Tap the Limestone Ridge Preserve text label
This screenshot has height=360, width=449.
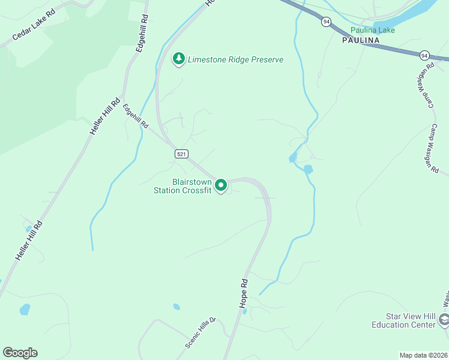(235, 59)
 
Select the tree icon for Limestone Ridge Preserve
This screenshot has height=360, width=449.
(178, 59)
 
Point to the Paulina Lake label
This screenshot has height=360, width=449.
(373, 30)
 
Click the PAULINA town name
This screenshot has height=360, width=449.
(361, 40)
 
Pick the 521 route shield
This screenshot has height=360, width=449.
(181, 154)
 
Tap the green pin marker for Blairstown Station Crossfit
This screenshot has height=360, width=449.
(221, 185)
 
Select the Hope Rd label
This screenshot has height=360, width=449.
(244, 293)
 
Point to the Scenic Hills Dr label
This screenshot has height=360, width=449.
(200, 333)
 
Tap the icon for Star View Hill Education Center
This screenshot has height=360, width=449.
(444, 320)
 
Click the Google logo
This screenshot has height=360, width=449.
(20, 353)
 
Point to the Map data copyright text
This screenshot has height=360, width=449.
(423, 355)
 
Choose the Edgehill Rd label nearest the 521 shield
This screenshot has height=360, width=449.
(136, 116)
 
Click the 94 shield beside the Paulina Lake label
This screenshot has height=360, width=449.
(326, 22)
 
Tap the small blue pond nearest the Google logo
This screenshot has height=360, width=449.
(25, 310)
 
